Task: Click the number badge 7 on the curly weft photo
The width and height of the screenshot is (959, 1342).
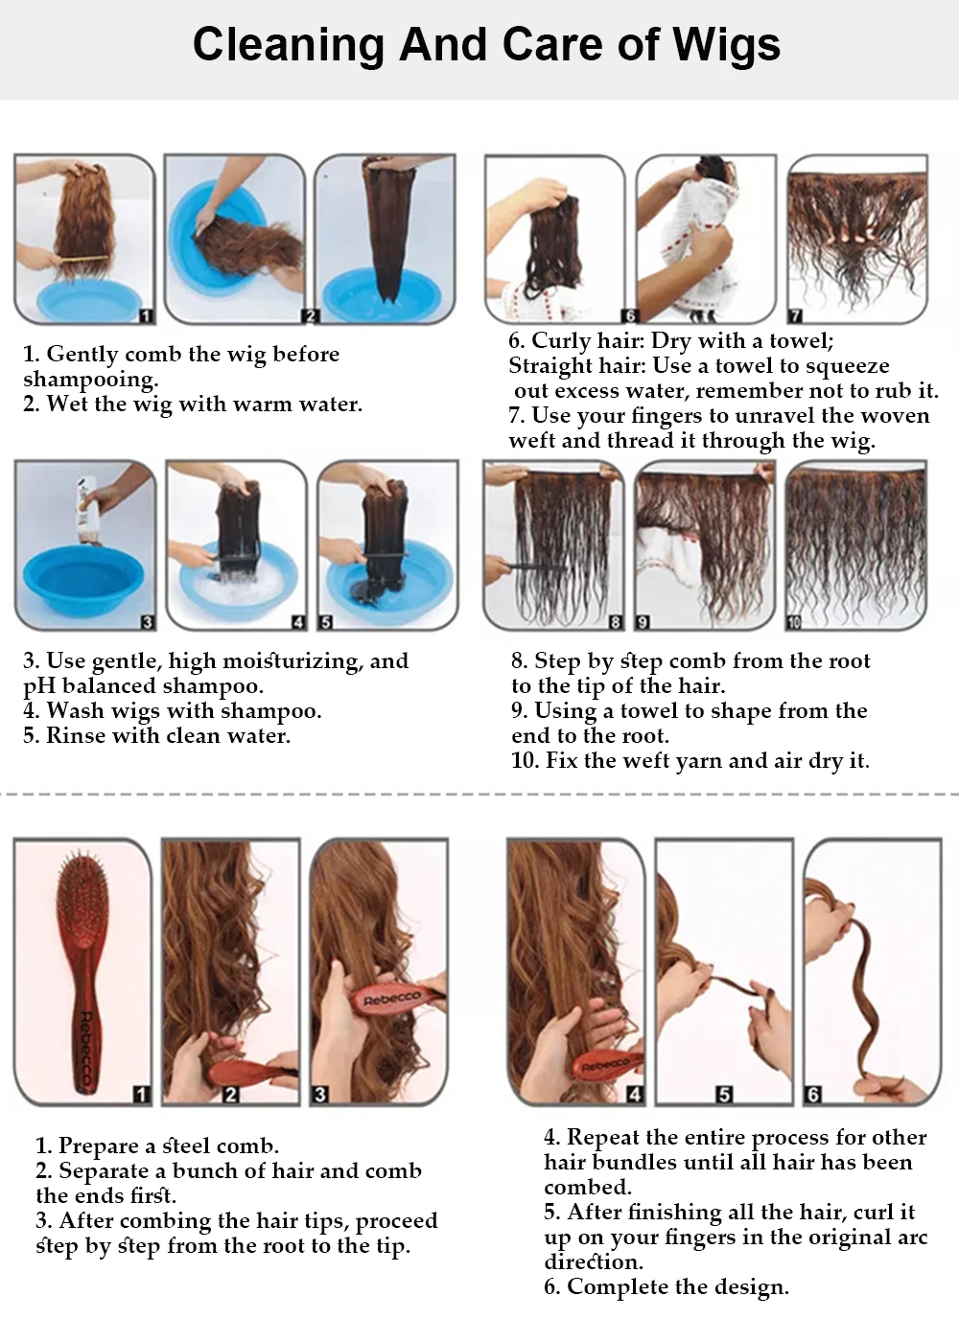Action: (795, 314)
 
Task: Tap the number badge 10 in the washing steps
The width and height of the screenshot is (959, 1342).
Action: (794, 622)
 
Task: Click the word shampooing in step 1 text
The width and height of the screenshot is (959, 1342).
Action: (90, 380)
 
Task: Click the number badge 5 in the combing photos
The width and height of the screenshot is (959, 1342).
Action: (724, 1095)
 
